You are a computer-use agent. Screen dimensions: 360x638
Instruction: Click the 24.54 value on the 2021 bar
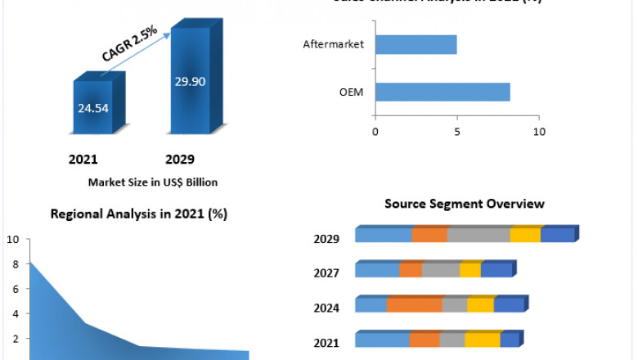point(92,106)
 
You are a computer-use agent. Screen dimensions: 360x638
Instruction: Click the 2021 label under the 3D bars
point(83,159)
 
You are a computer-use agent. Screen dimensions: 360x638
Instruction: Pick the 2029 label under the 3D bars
point(179,159)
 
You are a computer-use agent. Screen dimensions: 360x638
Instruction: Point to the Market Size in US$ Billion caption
point(153,182)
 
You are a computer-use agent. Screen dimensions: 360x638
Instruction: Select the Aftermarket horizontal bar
point(416,44)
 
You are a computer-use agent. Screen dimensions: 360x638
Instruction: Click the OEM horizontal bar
point(442,92)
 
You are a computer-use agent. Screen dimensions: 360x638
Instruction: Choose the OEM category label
point(352,92)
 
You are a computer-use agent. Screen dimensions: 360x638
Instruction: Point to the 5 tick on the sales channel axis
point(457,131)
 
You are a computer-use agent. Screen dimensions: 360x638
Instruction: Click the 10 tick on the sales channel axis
point(538,131)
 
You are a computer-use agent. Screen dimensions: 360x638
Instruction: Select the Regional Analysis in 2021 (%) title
point(139,214)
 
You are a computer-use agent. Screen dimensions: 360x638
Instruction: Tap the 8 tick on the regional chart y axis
point(13,264)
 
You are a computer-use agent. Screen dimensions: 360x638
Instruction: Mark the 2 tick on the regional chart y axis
point(13,338)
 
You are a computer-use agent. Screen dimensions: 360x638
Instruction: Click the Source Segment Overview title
point(464,203)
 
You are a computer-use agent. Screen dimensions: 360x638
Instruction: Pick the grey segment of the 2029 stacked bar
point(478,236)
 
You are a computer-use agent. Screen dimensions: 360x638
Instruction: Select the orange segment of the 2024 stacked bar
point(414,305)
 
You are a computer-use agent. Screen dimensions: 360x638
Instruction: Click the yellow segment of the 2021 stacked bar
point(482,340)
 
